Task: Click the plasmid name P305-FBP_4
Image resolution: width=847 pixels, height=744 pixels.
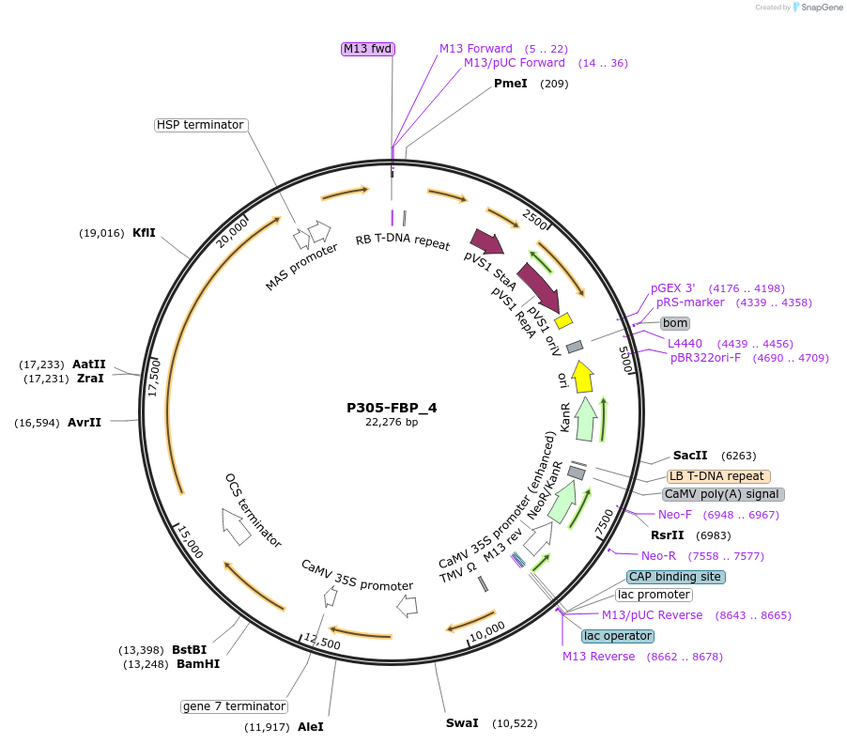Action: coord(392,408)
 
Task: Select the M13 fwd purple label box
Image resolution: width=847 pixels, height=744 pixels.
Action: coord(367,49)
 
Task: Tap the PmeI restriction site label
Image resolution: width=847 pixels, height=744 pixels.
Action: coord(510,84)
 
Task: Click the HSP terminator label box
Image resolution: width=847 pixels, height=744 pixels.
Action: coord(200,125)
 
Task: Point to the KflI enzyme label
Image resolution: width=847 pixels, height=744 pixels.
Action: coord(144,233)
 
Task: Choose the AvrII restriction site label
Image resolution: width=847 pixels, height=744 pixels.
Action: coord(85,423)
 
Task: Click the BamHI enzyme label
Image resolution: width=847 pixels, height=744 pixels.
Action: coord(197,664)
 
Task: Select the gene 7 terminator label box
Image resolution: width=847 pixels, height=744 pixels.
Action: coord(234,706)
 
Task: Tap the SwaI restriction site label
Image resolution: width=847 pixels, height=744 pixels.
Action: coord(462,723)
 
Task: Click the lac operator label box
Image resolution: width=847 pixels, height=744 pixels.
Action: coord(618,636)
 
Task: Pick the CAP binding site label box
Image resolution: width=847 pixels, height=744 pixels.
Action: coord(675,577)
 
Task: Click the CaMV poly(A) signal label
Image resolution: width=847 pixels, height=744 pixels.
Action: coord(723,494)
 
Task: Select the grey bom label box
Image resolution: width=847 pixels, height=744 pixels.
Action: coord(675,323)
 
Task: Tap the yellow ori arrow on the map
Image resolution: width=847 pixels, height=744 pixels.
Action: coord(582,377)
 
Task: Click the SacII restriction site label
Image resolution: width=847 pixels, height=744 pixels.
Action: coord(690,456)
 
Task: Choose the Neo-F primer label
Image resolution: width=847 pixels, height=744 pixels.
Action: coord(674,515)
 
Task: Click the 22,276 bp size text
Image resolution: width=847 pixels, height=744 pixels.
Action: coord(392,423)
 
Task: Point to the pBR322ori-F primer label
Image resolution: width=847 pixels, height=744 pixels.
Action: coord(705,358)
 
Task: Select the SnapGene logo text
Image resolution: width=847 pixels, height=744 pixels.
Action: coord(822,8)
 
